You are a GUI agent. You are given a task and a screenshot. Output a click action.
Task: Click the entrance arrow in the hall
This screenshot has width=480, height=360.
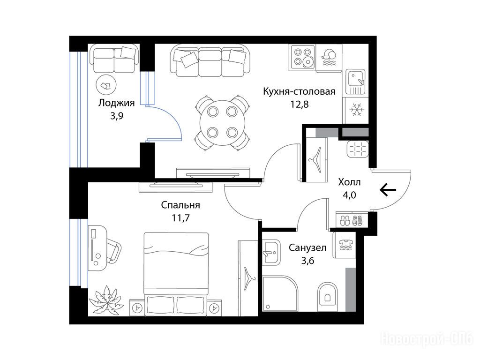tap(388, 190)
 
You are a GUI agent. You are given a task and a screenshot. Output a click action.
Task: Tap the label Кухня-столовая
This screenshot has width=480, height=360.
tap(299, 91)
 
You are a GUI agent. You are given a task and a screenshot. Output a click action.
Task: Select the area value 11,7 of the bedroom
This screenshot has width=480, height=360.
tap(180, 218)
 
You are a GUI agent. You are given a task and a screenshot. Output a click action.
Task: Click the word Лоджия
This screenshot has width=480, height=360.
tap(116, 103)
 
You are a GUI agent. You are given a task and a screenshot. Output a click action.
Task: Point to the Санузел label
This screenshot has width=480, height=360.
tap(307, 247)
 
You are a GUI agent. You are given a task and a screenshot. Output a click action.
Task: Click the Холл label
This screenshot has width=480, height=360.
tap(349, 182)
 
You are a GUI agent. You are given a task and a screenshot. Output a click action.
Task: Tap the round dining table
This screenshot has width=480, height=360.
tap(223, 123)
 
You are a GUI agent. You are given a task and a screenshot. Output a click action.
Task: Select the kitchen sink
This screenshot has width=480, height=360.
tap(355, 82)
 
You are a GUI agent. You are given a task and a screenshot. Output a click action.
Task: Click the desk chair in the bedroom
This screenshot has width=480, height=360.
tap(113, 251)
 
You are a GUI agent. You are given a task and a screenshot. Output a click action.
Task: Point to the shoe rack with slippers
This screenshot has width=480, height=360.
tap(352, 220)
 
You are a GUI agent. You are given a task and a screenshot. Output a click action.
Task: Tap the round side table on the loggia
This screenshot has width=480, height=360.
tap(106, 85)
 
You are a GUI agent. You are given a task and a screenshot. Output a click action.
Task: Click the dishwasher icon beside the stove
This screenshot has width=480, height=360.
tap(329, 58)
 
